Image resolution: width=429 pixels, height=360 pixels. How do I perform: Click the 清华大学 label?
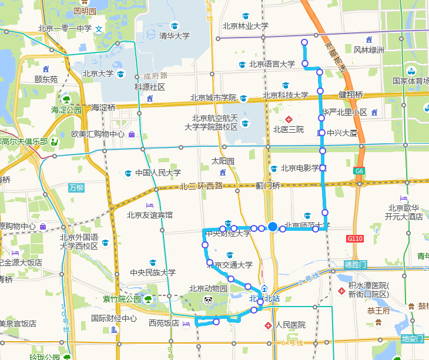(175, 36)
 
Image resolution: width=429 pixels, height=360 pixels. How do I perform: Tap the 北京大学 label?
(98, 74)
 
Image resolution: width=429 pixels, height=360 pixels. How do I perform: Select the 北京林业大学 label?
(245, 26)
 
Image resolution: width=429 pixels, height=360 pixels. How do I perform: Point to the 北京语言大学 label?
(272, 65)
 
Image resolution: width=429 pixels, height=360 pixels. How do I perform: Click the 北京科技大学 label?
(286, 95)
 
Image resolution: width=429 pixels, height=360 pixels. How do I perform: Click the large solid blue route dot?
(273, 227)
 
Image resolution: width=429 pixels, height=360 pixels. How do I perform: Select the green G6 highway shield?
(360, 171)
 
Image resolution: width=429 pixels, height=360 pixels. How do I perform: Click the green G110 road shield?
(355, 239)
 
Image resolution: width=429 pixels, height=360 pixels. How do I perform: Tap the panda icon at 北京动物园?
(208, 301)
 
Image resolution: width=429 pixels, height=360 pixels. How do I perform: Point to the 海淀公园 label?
(66, 110)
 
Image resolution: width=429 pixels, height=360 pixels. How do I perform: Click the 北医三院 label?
(289, 129)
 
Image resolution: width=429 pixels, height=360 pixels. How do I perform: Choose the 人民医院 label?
(290, 325)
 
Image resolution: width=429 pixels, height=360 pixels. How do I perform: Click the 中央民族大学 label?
(153, 272)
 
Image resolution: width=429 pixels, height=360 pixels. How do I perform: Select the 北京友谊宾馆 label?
(150, 215)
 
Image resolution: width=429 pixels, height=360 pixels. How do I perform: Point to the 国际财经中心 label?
(114, 319)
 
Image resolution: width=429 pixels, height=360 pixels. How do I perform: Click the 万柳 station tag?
(76, 188)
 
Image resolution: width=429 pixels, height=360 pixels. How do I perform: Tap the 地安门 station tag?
(412, 339)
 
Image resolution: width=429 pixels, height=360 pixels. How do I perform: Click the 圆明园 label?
(85, 11)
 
